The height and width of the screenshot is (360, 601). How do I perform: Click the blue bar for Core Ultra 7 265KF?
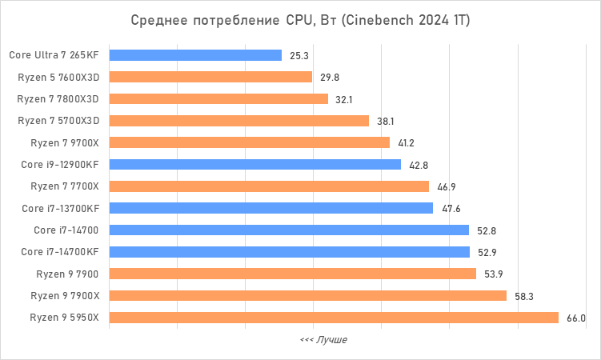[195, 55]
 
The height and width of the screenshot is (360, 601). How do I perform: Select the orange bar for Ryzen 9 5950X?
[334, 318]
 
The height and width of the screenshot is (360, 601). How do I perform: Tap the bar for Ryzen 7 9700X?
[249, 142]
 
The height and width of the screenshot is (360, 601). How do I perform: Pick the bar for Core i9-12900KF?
[254, 165]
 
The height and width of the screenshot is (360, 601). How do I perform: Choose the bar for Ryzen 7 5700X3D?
[238, 121]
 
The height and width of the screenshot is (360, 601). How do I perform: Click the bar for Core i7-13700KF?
[270, 208]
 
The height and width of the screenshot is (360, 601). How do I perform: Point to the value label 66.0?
[576, 318]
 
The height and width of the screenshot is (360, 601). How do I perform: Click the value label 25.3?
[299, 56]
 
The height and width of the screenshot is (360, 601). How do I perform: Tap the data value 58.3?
[524, 296]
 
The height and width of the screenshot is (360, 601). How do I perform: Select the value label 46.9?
[447, 187]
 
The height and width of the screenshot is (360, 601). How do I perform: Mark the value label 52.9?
[487, 253]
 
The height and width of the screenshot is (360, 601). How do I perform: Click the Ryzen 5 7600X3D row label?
[58, 77]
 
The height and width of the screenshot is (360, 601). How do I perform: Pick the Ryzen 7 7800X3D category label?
[58, 98]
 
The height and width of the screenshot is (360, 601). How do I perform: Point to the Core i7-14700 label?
[66, 230]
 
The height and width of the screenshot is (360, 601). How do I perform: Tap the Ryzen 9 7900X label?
[65, 296]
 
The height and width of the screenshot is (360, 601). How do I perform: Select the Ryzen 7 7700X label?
[65, 186]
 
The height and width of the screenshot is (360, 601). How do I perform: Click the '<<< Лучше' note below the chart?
[323, 340]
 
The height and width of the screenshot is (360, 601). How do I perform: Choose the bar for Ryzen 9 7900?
[292, 274]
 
